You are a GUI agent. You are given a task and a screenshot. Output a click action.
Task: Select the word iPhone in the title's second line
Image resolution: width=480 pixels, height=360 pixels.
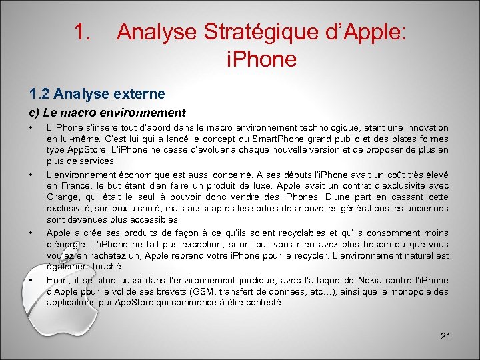tap(261, 59)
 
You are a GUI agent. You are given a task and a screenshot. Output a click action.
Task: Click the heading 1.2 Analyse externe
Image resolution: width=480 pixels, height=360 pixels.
tap(95, 93)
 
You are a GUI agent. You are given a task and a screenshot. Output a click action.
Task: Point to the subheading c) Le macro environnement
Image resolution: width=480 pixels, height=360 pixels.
tap(107, 113)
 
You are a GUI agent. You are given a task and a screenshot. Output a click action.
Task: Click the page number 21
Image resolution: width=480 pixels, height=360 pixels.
tap(445, 336)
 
